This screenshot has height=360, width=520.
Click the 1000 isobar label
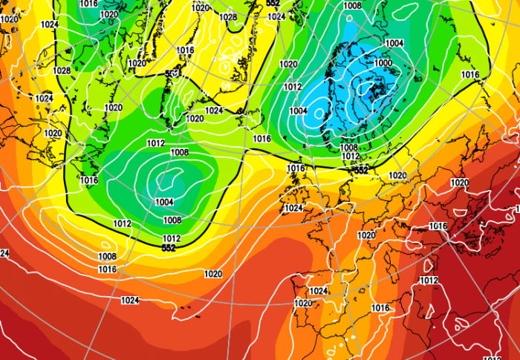(383, 63)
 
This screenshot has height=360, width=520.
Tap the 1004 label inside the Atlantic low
(164, 202)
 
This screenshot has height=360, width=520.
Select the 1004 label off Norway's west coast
(298, 111)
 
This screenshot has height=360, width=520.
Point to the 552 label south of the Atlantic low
(168, 247)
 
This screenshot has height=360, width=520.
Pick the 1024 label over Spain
(318, 291)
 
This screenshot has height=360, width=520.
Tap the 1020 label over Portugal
(302, 303)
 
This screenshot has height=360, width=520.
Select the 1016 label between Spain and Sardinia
(380, 307)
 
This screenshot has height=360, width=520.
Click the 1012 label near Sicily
(429, 280)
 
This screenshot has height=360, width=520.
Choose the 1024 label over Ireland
(293, 208)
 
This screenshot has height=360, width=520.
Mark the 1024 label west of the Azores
(129, 301)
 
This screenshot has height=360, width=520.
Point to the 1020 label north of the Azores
(212, 274)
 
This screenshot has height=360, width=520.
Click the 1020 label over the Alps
(366, 235)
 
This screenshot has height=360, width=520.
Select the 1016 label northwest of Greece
(438, 226)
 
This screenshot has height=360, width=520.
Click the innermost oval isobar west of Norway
(319, 114)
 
